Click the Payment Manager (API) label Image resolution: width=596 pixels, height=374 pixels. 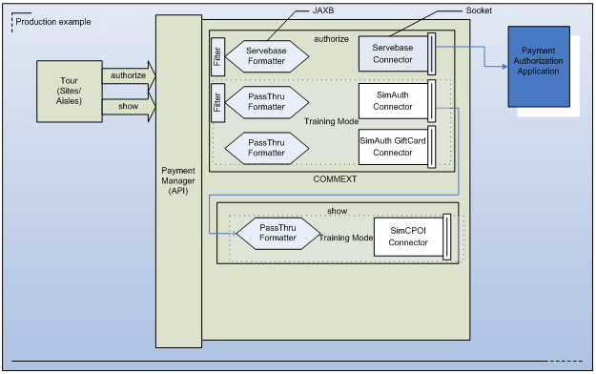point(178,177)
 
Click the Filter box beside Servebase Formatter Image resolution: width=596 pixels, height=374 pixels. point(216,55)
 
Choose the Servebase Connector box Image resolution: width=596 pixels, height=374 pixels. point(393,52)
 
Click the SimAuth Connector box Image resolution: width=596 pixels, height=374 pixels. point(393,100)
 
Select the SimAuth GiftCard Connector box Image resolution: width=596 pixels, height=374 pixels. point(393,146)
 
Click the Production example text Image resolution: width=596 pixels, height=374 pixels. point(52,19)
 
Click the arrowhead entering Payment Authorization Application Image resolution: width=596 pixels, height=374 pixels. point(502,67)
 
